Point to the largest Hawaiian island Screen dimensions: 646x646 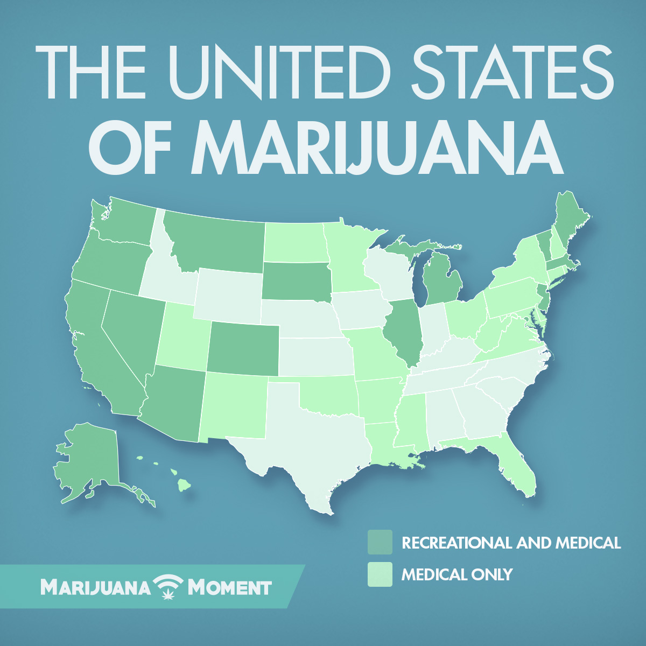tap(185, 485)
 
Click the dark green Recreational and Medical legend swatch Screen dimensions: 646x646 tap(380, 542)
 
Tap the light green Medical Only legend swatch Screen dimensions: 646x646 tap(380, 574)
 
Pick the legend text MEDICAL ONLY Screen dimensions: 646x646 tap(457, 574)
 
